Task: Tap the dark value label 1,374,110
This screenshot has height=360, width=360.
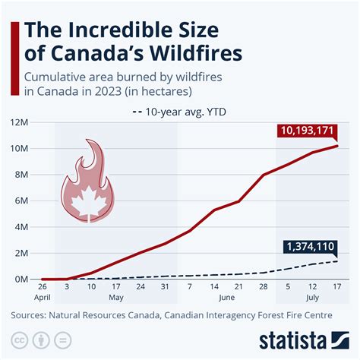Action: pos(311,248)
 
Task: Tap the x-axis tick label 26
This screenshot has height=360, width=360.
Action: pos(42,289)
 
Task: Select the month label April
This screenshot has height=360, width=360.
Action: pos(42,298)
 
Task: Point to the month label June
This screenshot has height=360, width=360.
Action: pos(226,298)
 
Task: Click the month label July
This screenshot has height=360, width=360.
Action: pos(312,298)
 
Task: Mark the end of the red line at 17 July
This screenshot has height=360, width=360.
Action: pos(337,146)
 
